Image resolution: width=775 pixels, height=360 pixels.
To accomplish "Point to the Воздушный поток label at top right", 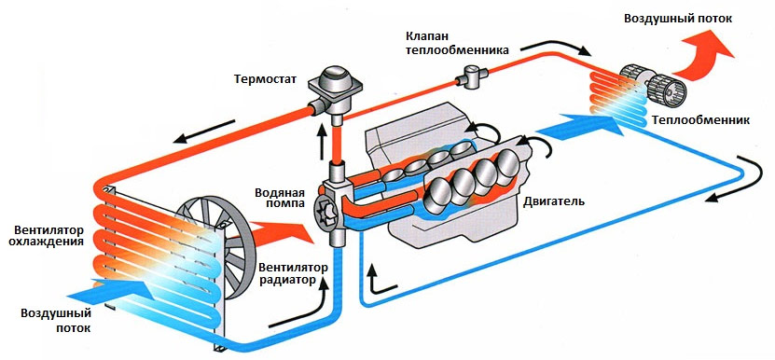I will [x=690, y=19].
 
